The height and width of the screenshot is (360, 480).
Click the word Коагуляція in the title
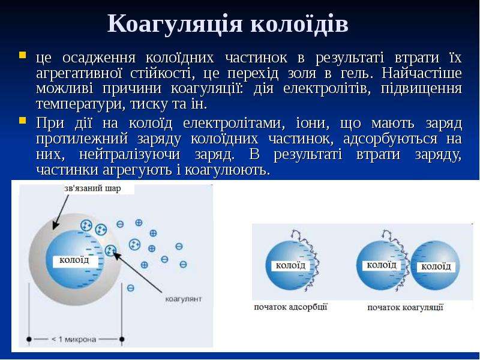[175, 25]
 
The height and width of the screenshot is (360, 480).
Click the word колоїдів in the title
[299, 23]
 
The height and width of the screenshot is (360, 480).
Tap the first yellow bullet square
[22, 55]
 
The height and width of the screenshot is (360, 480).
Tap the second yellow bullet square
[22, 120]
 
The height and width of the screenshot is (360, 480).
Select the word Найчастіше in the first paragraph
[422, 73]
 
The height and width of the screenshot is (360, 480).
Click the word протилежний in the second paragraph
[82, 139]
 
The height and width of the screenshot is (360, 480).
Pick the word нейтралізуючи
[130, 154]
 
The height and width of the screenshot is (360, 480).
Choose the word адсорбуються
[390, 139]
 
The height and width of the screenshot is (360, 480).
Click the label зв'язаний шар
[92, 188]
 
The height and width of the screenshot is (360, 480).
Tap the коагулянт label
[184, 299]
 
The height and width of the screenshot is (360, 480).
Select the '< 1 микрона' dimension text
[74, 339]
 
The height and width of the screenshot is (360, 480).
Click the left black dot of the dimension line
[29, 339]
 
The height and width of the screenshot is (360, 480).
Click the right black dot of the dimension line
[122, 339]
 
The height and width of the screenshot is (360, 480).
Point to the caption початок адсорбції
[290, 307]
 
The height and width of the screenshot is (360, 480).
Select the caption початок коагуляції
[406, 307]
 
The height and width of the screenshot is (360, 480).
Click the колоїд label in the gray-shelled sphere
[74, 260]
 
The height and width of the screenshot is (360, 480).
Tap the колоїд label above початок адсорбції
[290, 265]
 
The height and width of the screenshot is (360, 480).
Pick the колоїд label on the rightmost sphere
[436, 266]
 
